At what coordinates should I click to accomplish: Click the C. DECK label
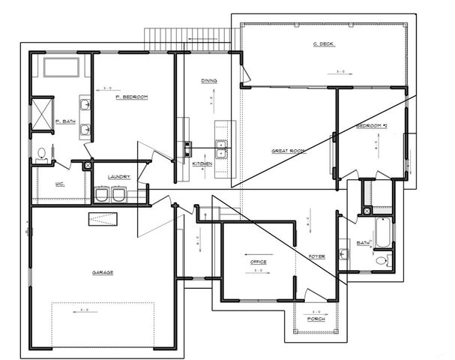pyautogui.click(x=323, y=44)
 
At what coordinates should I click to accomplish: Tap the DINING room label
pyautogui.click(x=209, y=80)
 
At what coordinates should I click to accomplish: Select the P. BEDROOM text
pyautogui.click(x=131, y=97)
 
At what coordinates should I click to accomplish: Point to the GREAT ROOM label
pyautogui.click(x=288, y=151)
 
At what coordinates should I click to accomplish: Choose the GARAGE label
pyautogui.click(x=103, y=272)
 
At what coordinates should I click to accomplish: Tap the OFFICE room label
pyautogui.click(x=259, y=262)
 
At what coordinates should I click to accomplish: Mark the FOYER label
pyautogui.click(x=317, y=256)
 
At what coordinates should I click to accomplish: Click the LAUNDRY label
pyautogui.click(x=120, y=177)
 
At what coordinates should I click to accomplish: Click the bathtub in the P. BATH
pyautogui.click(x=66, y=67)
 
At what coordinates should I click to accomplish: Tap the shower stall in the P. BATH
pyautogui.click(x=42, y=113)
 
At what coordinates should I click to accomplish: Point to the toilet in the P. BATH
pyautogui.click(x=42, y=154)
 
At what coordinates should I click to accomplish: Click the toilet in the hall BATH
pyautogui.click(x=382, y=260)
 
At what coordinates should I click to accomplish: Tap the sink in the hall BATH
pyautogui.click(x=343, y=253)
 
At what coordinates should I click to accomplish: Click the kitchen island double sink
pyautogui.click(x=220, y=145)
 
